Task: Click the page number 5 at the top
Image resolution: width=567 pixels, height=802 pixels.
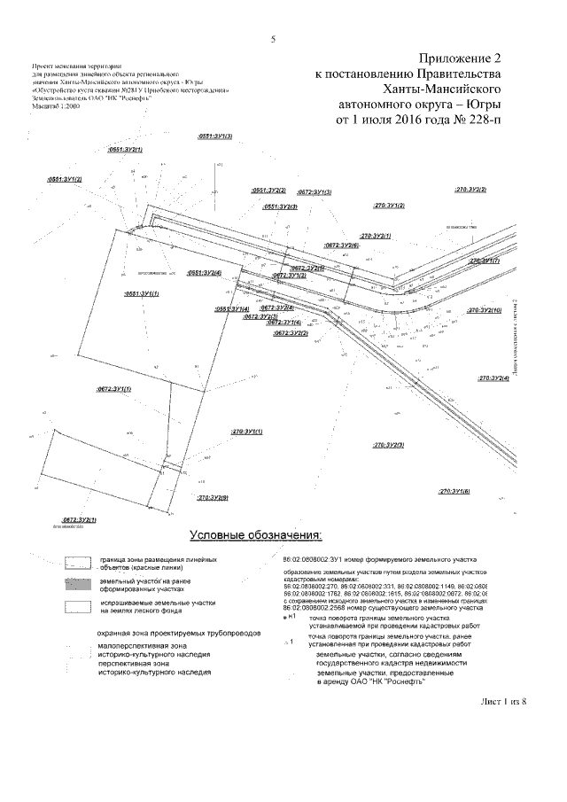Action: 273,38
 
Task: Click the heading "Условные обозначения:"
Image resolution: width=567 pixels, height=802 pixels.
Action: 255,535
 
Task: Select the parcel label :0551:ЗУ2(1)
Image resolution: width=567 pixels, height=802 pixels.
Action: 125,151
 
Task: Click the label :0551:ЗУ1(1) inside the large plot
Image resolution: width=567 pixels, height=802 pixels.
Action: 142,292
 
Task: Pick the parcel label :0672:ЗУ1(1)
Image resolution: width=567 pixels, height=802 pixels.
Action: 113,389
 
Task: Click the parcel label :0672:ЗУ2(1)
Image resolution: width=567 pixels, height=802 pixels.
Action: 79,518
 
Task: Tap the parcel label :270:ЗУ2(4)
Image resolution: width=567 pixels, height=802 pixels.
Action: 493,378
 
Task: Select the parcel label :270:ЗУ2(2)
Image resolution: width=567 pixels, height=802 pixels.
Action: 471,190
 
